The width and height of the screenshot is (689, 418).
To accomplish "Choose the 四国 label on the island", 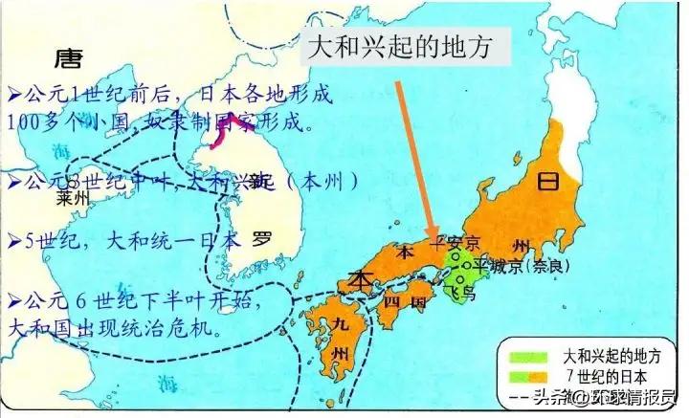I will [x=402, y=303].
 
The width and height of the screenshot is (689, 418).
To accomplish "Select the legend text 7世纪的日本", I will [x=610, y=374].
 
